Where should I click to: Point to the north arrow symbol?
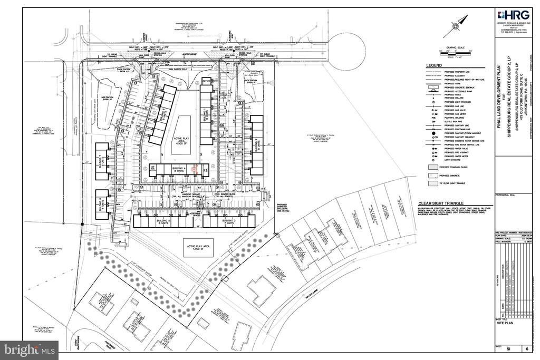click(458, 24)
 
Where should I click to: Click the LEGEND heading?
click(435, 65)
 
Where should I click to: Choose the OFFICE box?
click(207, 81)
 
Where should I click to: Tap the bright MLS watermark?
click(29, 350)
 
